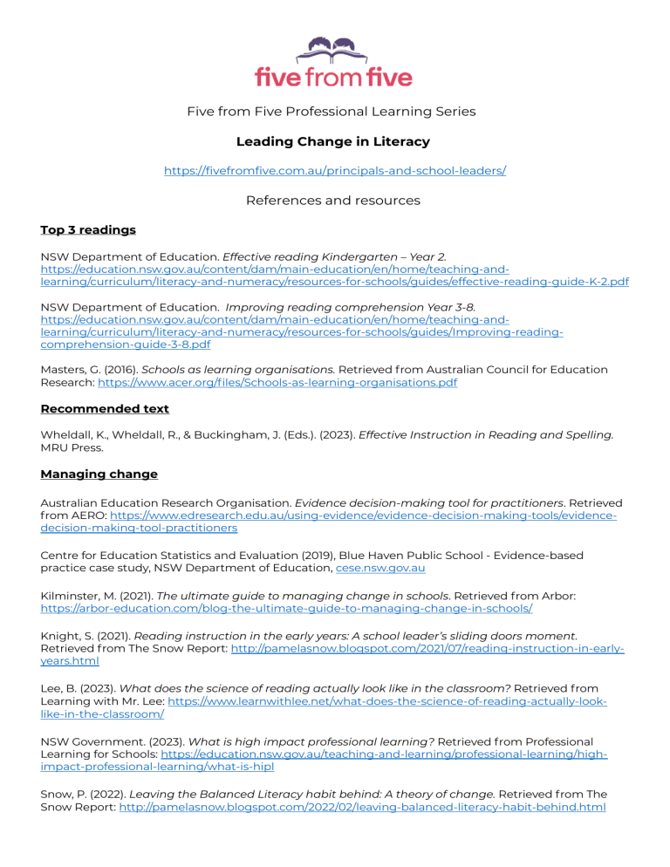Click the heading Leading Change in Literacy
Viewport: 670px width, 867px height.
tap(334, 140)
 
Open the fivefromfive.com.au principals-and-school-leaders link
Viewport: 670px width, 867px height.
tap(335, 171)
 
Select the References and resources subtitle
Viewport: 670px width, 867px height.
tap(334, 201)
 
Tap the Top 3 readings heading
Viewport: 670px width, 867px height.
tap(88, 230)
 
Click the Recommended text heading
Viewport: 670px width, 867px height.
tap(105, 408)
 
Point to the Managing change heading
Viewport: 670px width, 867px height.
tap(99, 474)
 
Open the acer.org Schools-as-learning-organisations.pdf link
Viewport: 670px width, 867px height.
tap(277, 382)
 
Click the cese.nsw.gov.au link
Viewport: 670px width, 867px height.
tap(381, 568)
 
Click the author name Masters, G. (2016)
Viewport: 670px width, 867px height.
tap(87, 370)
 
